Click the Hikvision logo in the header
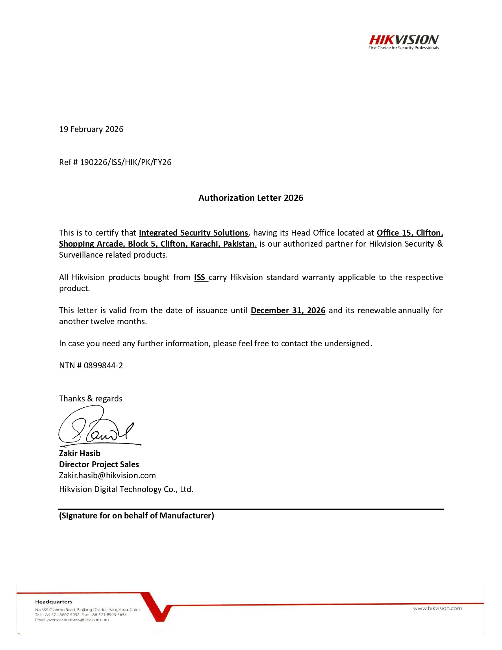point(404,39)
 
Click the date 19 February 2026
point(91,129)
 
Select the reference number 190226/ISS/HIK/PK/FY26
point(126,162)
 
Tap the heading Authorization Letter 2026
point(251,198)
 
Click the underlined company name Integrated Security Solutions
point(193,233)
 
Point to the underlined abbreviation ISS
point(200,277)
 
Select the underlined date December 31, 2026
point(288,310)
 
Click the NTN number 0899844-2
point(103,366)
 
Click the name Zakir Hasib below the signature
point(80,453)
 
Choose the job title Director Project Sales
point(99,464)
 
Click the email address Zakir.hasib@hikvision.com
point(107,475)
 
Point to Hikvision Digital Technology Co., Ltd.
point(126,489)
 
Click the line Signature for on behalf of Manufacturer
point(136,516)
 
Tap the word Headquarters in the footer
point(54,602)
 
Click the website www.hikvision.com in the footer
point(437,609)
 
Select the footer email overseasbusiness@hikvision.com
point(78,620)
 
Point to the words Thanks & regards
point(91,399)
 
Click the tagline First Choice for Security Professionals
point(404,48)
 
